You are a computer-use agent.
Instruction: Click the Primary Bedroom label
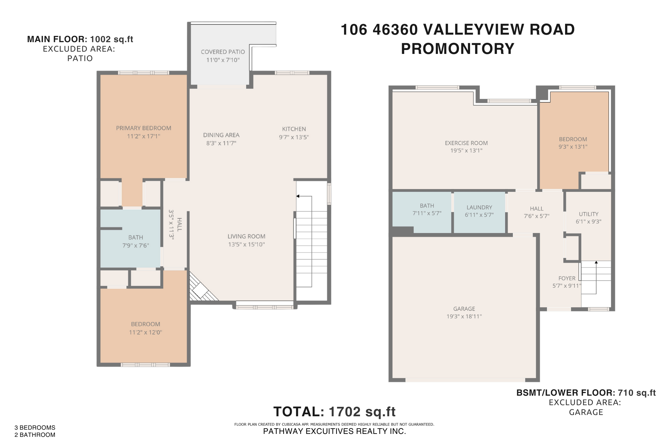coord(143,128)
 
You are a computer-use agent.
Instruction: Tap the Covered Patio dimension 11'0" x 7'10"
coord(223,60)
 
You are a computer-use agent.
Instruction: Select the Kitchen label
coord(294,129)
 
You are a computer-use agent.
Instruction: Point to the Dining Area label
coord(221,135)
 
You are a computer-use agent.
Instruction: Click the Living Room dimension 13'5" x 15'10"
coord(246,244)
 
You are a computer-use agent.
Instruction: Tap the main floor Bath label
coord(136,238)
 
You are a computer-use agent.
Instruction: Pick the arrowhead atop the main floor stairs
coord(298,196)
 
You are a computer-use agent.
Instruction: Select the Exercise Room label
coord(466,143)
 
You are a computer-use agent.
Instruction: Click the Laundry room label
coord(479,207)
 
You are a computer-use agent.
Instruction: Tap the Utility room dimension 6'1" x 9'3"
coord(588,222)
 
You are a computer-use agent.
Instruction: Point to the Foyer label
coord(567,278)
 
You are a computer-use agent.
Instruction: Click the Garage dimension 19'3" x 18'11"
coord(464,316)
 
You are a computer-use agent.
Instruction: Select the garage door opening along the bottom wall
coord(465,380)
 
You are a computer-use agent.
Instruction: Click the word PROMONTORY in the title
coord(458,49)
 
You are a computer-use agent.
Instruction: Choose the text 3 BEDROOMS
coord(35,428)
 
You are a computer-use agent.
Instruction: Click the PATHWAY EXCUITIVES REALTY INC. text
coord(334,431)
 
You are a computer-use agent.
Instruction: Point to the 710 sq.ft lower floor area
coord(637,393)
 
